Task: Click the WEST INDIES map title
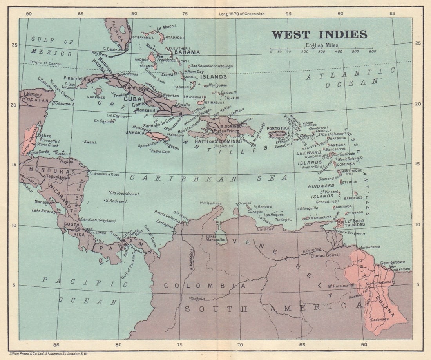coord(319,34)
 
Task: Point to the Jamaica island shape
coord(156,136)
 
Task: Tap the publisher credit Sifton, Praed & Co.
coord(49,354)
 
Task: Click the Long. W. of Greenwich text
coord(242,14)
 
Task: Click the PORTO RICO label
coord(278,128)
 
